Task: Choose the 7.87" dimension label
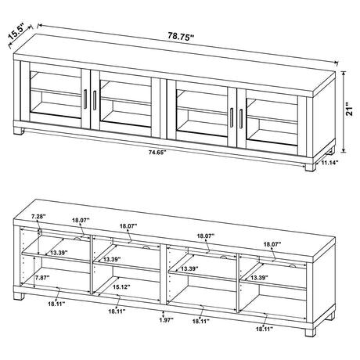click(x=41, y=276)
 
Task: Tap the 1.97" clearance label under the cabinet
click(x=163, y=319)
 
